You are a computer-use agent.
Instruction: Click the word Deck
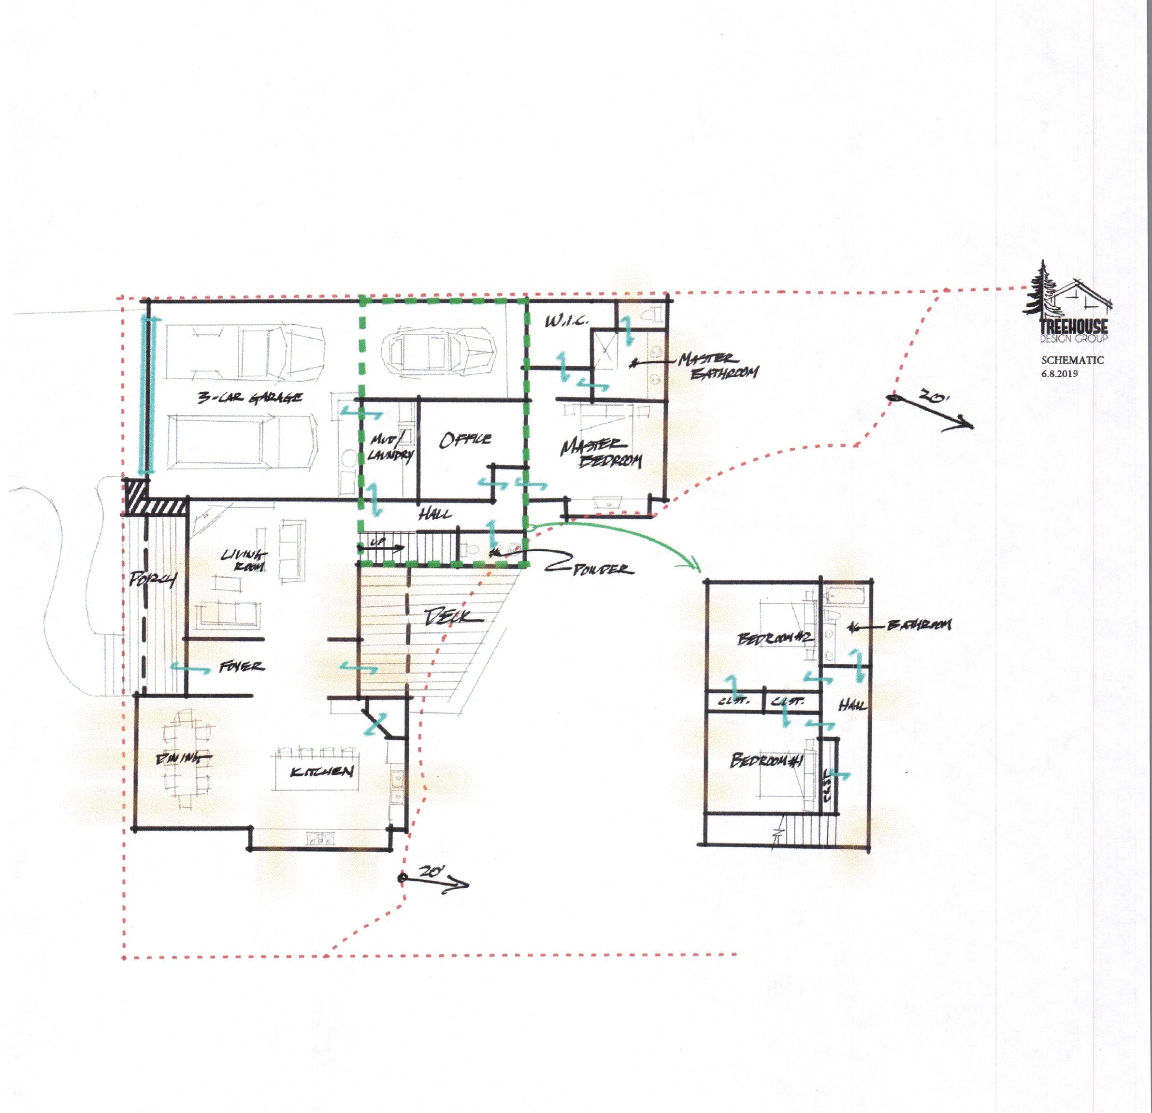[453, 617]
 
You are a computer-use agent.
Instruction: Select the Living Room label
[242, 561]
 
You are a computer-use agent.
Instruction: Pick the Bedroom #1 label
[766, 762]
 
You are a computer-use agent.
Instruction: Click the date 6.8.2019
[1062, 371]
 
